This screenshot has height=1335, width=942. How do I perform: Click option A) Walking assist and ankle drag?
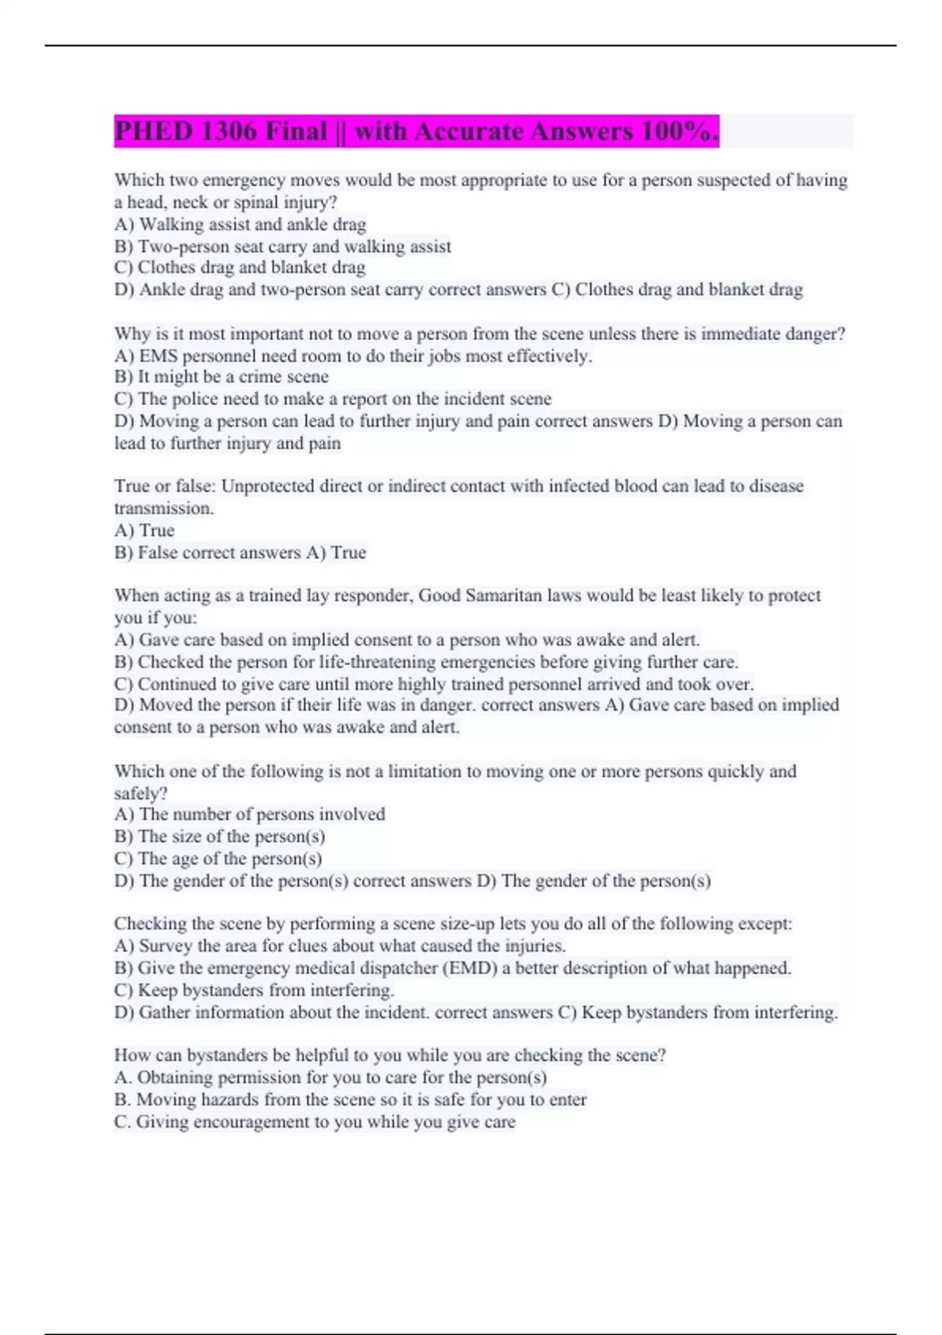(240, 225)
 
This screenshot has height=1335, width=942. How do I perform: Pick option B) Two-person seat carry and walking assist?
(283, 247)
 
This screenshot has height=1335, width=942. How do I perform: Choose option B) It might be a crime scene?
(221, 377)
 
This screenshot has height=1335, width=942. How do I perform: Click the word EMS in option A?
(159, 356)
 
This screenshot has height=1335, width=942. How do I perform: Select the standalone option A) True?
(144, 530)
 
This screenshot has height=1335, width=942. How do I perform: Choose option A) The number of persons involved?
(250, 814)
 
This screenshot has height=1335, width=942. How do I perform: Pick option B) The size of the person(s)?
(220, 836)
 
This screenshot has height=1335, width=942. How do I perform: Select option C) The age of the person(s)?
(218, 858)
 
